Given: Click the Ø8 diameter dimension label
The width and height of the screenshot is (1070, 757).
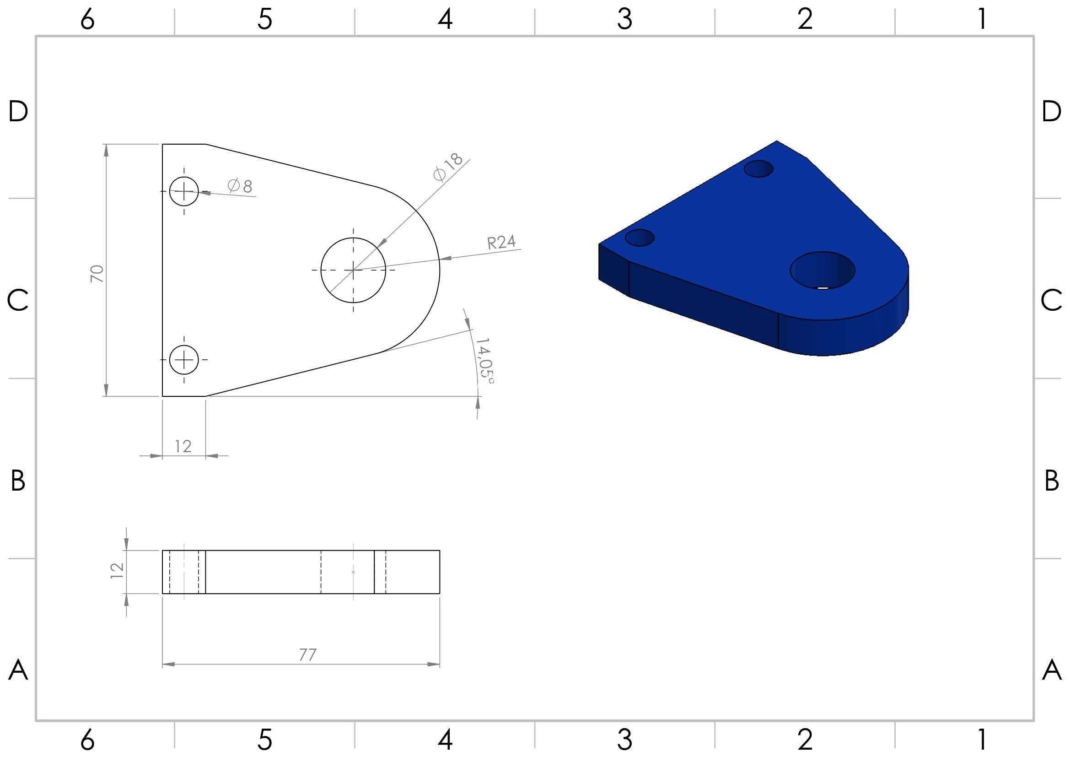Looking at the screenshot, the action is tap(240, 185).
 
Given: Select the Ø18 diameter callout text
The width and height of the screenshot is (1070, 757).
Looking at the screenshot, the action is tap(448, 167).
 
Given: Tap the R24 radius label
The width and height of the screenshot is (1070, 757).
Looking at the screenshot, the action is tap(501, 242).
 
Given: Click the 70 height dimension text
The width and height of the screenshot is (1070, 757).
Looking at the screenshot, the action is tap(97, 273).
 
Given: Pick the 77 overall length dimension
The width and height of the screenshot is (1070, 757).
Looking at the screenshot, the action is tap(307, 655).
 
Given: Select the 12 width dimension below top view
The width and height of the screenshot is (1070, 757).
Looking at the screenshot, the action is tap(183, 447).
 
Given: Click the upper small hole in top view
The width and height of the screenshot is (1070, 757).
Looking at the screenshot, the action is tap(184, 191).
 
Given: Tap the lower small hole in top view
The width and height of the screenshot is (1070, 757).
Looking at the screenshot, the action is tap(184, 360).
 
